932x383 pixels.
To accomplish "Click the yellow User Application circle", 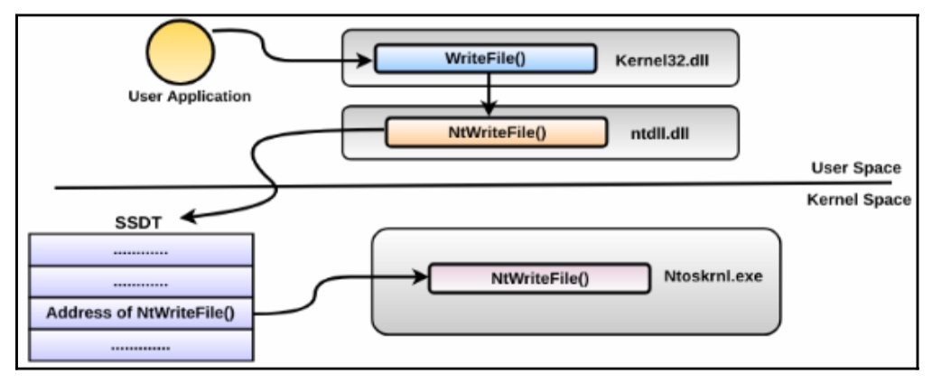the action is click(x=180, y=52).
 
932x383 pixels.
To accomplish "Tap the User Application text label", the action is click(x=190, y=97).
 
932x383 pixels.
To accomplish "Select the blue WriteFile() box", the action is click(x=485, y=59).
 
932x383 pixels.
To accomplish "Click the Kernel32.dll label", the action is click(x=662, y=60).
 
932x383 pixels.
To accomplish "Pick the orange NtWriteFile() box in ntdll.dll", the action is click(x=497, y=132).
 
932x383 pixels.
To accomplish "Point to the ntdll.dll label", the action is click(x=659, y=133).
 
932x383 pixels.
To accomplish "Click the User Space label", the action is click(x=856, y=168).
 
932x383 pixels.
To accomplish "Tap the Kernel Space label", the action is click(x=858, y=200).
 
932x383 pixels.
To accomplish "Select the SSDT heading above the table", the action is click(x=138, y=224).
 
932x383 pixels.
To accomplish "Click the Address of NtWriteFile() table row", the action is click(x=141, y=313).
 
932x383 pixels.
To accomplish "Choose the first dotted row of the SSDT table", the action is click(x=141, y=250).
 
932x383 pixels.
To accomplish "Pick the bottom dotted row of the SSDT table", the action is click(x=141, y=345).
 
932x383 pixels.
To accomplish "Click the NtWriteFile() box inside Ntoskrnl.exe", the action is click(x=540, y=278).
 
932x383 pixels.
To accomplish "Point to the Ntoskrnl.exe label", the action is click(x=713, y=276).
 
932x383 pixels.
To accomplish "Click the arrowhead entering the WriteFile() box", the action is click(x=365, y=60).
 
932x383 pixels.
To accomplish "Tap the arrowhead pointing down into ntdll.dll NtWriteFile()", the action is click(x=488, y=108).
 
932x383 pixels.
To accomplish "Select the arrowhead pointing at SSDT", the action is click(x=189, y=217).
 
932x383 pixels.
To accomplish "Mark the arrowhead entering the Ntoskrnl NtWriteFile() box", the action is click(x=420, y=276).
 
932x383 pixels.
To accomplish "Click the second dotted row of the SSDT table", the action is click(x=141, y=282).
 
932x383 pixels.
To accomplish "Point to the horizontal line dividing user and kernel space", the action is click(x=473, y=186).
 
